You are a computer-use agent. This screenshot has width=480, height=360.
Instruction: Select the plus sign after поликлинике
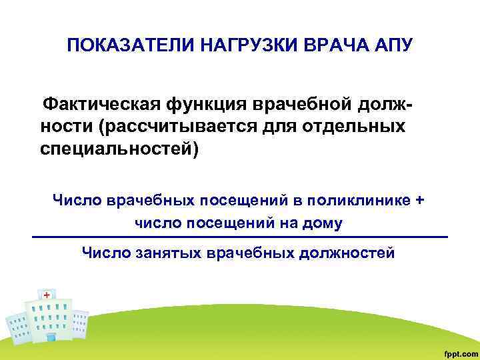click(419, 199)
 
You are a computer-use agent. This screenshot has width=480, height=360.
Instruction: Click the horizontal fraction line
click(240, 237)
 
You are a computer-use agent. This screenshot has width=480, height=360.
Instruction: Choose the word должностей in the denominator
click(345, 253)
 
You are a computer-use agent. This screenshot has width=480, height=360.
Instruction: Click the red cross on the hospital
click(47, 294)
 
